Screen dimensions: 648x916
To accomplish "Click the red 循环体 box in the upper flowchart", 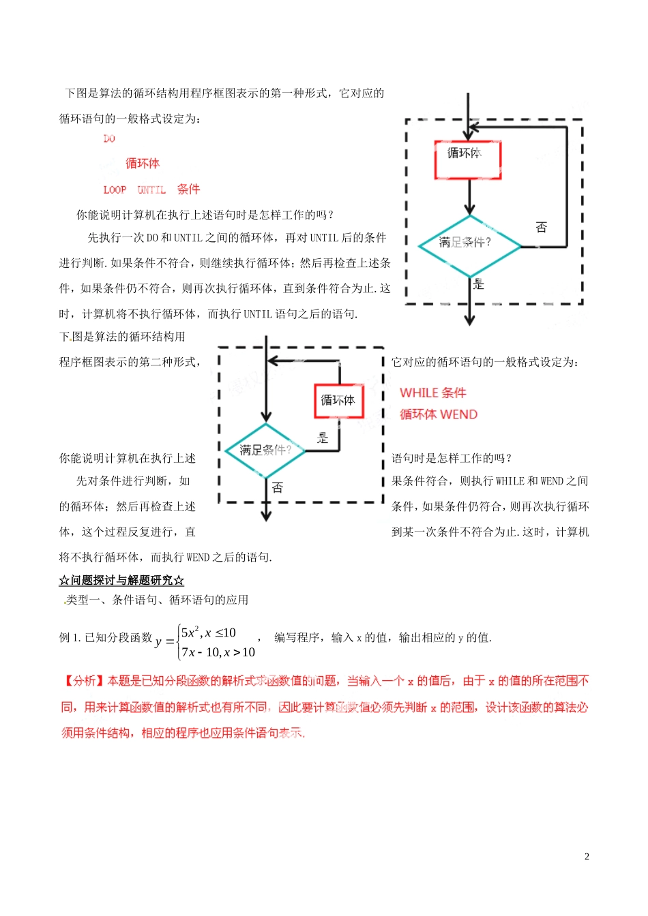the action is click(x=468, y=160).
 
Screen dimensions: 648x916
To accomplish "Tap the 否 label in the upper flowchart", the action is click(x=541, y=227).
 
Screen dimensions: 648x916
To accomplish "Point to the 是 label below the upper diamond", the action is click(x=479, y=284).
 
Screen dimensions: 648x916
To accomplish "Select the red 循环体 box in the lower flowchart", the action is click(x=338, y=401).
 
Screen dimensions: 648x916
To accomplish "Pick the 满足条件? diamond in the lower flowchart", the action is click(x=265, y=451).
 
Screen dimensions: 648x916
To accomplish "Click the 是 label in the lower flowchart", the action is click(x=323, y=438).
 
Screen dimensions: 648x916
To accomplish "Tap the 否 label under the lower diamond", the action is click(x=277, y=487).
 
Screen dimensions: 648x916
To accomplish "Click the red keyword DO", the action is click(x=109, y=139).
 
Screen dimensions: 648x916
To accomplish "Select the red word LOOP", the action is click(x=115, y=190).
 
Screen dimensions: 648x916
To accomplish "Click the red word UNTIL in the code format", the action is click(x=151, y=190).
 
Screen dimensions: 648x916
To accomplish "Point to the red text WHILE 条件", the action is click(x=432, y=393).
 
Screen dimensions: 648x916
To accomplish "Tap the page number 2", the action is click(x=587, y=857).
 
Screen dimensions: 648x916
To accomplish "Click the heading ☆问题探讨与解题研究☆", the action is click(x=121, y=581).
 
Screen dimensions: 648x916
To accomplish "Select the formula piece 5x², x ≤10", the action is click(x=209, y=632).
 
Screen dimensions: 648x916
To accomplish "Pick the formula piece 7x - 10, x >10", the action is click(x=218, y=652).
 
